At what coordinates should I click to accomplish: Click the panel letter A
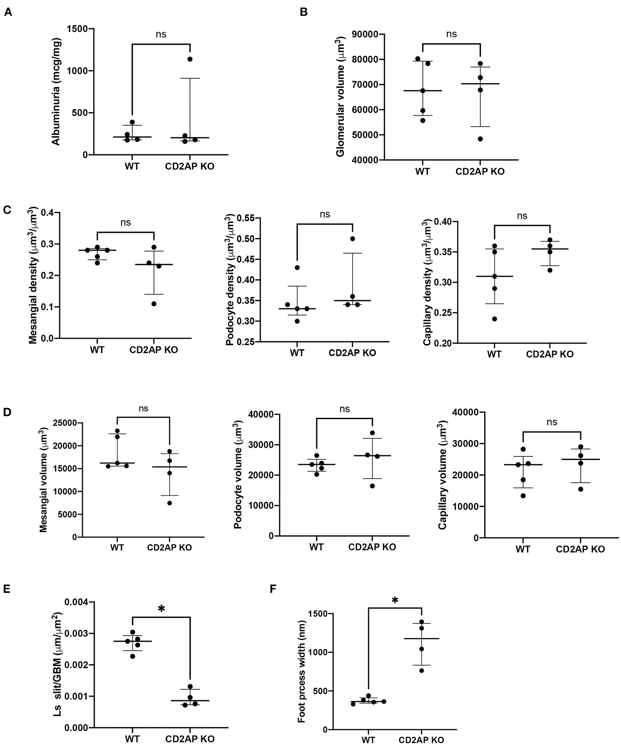(8, 12)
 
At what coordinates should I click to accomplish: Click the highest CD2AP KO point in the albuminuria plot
(190, 59)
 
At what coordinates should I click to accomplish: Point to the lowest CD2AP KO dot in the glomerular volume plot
(480, 139)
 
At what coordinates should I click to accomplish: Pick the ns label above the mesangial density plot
(125, 222)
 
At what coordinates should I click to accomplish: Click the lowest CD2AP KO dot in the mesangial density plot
(154, 304)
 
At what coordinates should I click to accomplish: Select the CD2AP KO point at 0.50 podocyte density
(353, 238)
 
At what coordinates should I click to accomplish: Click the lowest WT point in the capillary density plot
(494, 319)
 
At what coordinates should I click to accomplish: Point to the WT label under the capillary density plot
(494, 354)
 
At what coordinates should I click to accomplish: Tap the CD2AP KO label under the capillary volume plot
(580, 549)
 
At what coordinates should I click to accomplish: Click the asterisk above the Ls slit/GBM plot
(161, 608)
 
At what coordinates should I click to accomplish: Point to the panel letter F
(273, 589)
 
